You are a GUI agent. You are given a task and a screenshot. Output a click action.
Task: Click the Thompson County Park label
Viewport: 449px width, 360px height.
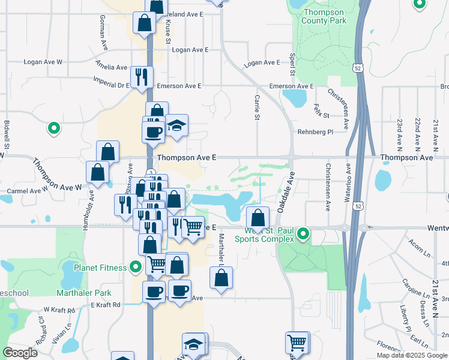click(x=325, y=16)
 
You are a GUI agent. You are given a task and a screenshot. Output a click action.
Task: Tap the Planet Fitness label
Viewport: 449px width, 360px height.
click(x=100, y=268)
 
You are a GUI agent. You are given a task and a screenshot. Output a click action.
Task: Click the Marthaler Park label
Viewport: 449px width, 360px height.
click(x=84, y=293)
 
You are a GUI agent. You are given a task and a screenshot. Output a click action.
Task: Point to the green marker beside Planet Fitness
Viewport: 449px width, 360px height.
click(x=136, y=267)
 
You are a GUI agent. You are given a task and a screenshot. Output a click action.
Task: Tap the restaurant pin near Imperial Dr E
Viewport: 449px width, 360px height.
click(x=142, y=76)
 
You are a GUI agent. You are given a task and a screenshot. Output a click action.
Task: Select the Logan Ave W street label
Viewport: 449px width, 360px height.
click(x=43, y=62)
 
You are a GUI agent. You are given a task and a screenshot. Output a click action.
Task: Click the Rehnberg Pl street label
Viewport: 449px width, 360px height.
click(x=315, y=132)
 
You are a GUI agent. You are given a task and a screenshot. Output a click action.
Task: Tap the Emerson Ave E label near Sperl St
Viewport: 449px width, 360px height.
click(x=291, y=86)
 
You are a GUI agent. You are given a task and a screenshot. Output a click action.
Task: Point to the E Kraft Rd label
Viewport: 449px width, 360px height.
click(x=106, y=305)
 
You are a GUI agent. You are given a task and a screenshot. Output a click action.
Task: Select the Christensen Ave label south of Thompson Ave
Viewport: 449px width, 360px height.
click(x=328, y=187)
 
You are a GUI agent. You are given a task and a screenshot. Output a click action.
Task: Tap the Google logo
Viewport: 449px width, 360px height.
click(x=20, y=353)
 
